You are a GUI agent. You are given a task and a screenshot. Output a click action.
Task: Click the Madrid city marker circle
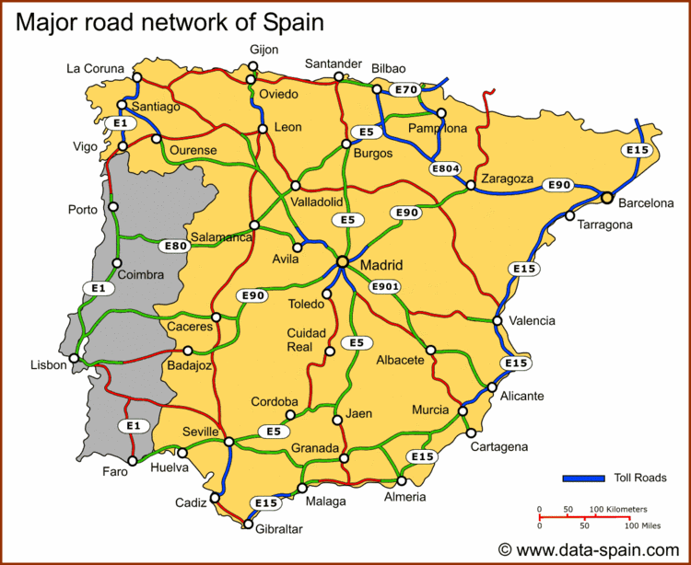click(x=342, y=262)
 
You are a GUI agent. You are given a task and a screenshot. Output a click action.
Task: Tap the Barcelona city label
click(x=646, y=203)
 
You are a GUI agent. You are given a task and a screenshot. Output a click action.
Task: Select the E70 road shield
click(x=404, y=90)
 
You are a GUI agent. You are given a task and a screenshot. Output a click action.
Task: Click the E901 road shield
click(x=386, y=287)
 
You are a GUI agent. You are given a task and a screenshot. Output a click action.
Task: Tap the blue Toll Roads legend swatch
click(x=583, y=478)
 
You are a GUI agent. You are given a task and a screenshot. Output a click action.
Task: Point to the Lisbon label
click(x=48, y=364)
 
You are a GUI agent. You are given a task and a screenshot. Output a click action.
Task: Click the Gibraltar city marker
click(x=248, y=525)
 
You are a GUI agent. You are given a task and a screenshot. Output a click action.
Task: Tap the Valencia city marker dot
click(x=498, y=321)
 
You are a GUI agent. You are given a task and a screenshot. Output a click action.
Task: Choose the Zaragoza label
click(x=506, y=179)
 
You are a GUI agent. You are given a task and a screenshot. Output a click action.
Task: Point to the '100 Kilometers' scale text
click(x=619, y=509)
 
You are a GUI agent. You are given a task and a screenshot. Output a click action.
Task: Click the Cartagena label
click(x=498, y=446)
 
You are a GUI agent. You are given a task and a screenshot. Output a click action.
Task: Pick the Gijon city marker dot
click(x=252, y=66)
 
